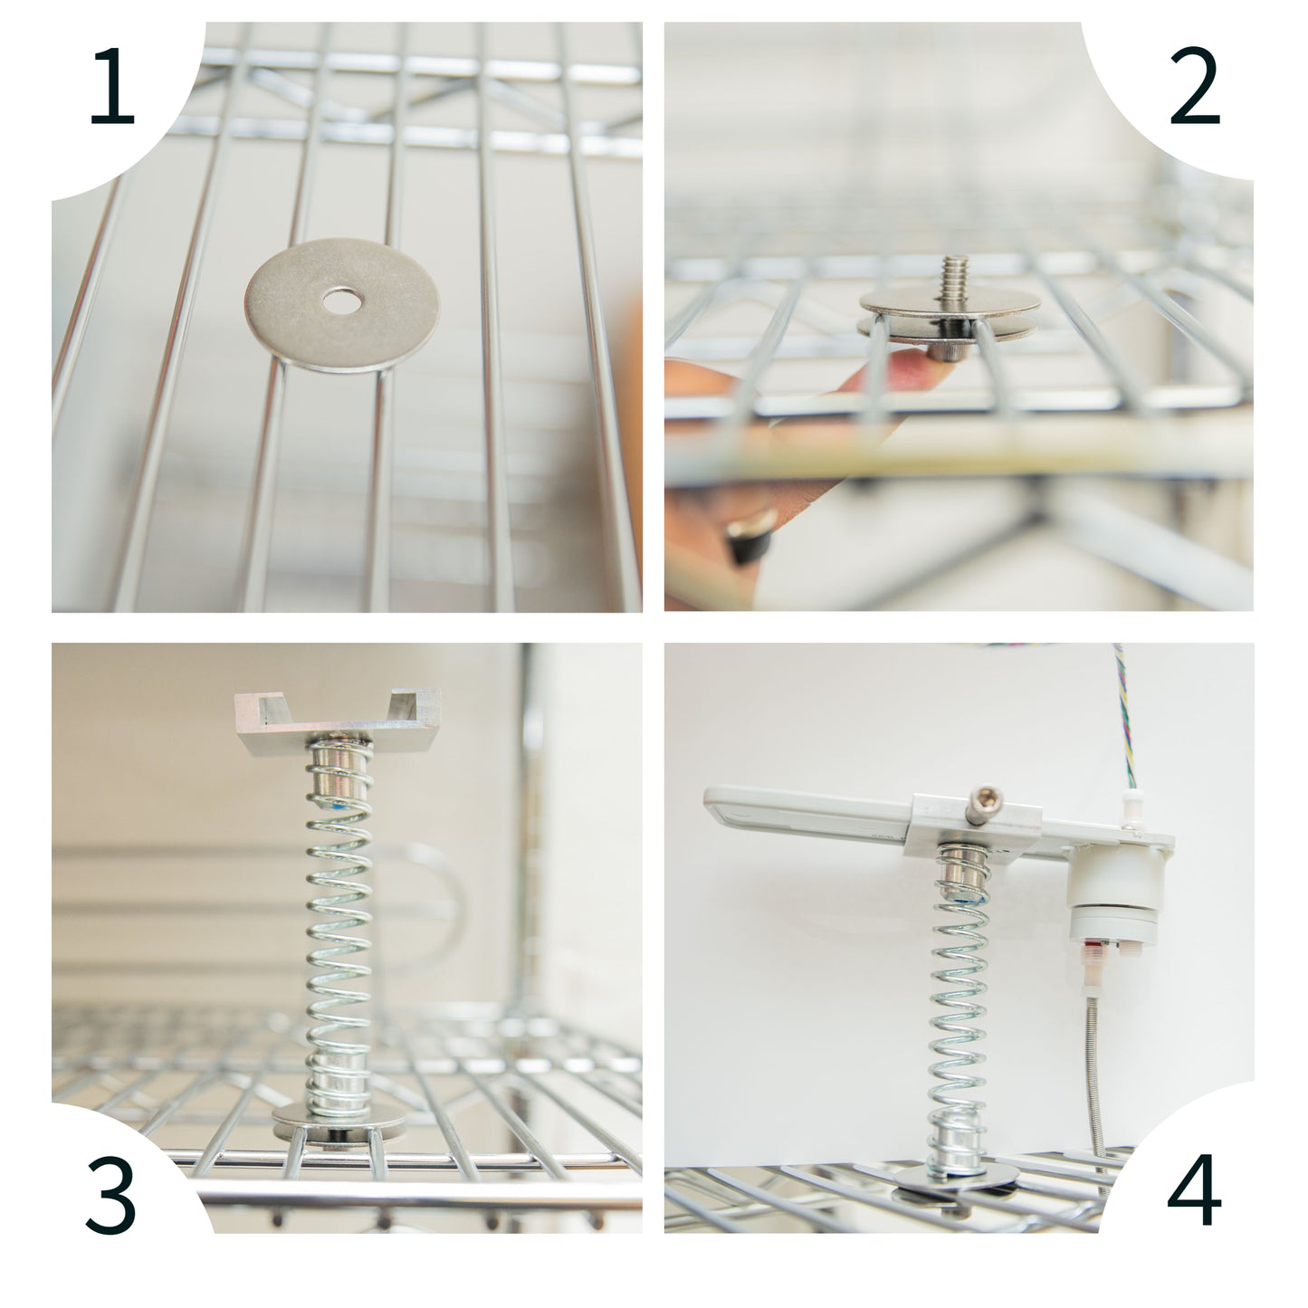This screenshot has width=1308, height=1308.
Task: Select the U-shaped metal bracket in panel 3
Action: pyautogui.click(x=338, y=721)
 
